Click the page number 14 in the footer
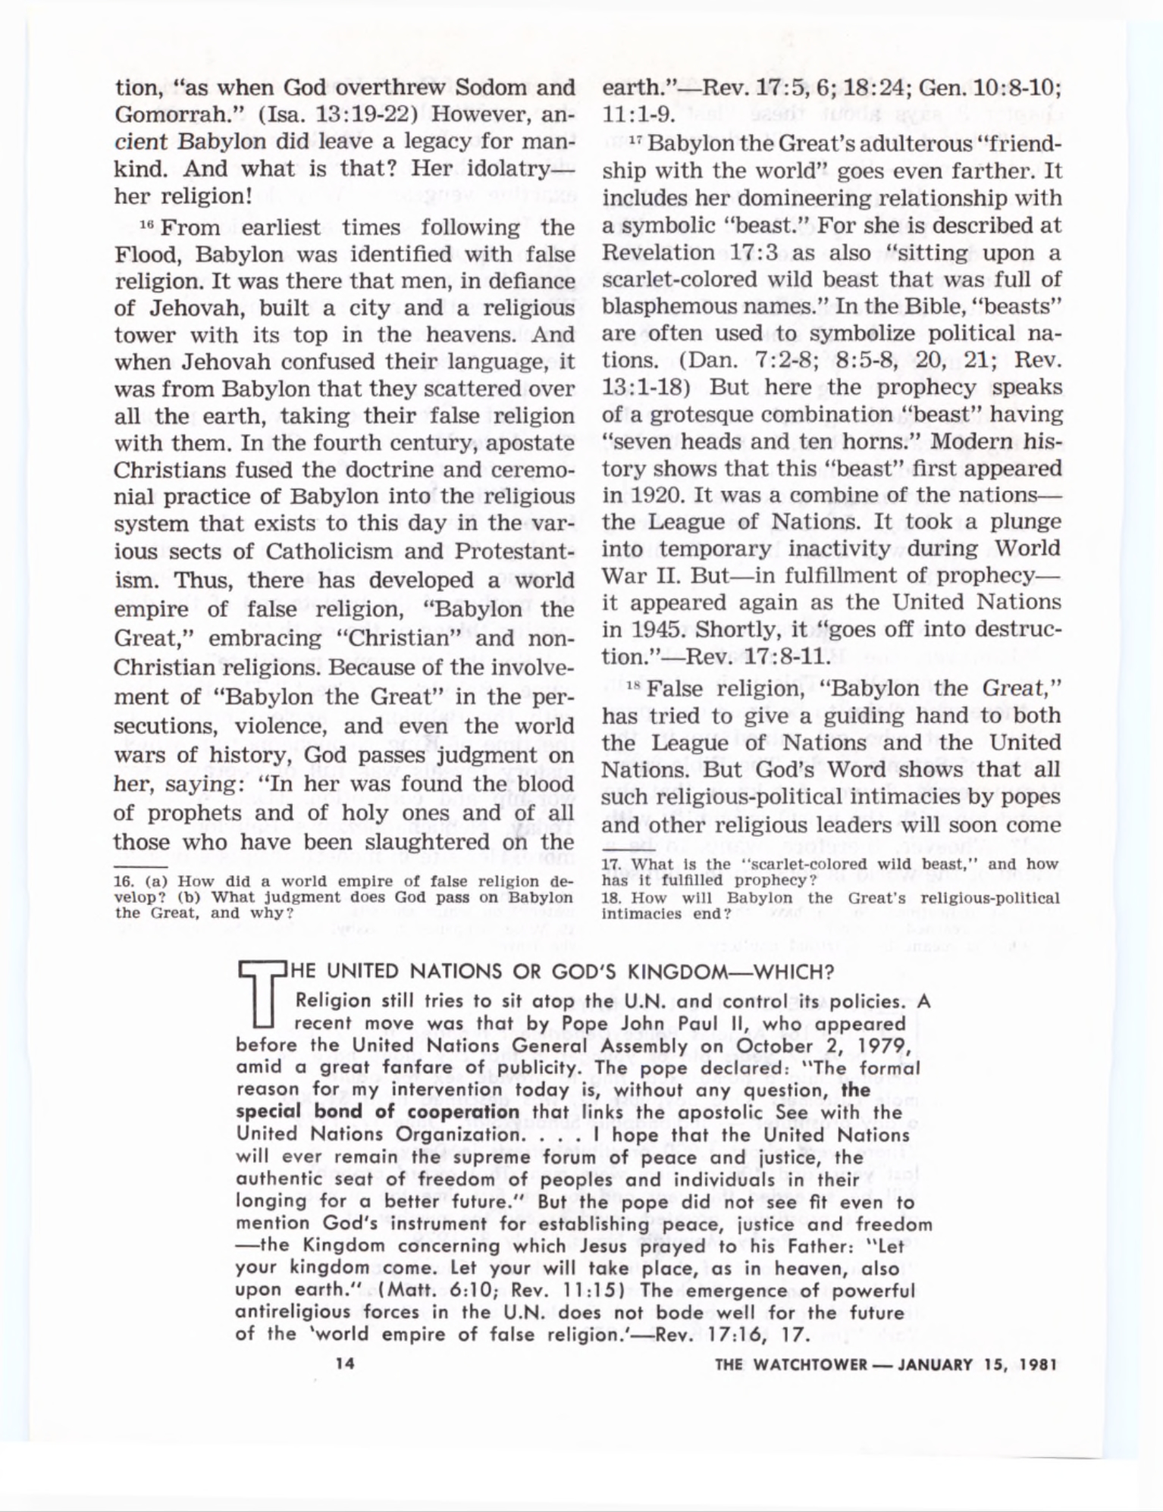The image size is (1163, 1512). tap(345, 1363)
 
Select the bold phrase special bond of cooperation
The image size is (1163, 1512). tap(378, 1113)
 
